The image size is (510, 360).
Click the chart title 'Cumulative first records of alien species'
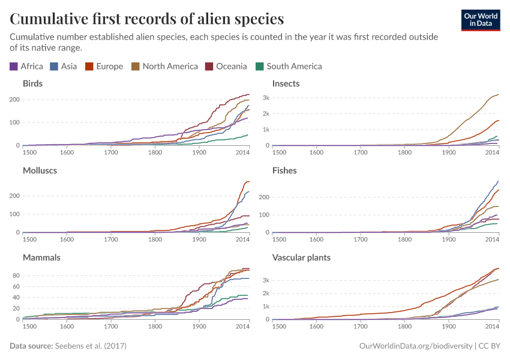click(x=147, y=19)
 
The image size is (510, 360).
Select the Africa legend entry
click(x=26, y=67)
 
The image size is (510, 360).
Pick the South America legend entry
click(x=289, y=67)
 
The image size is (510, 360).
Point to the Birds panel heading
click(x=32, y=83)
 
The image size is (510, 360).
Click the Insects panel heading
click(x=286, y=83)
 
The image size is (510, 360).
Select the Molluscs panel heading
click(x=40, y=170)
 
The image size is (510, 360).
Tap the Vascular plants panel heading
click(x=302, y=257)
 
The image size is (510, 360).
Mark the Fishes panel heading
click(x=284, y=170)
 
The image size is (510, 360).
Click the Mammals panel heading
click(x=41, y=257)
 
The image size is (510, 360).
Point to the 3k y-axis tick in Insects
click(x=265, y=98)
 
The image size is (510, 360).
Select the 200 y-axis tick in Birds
click(x=14, y=99)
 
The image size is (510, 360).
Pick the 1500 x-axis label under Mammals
click(x=29, y=326)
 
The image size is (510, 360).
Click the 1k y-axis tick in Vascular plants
click(x=265, y=307)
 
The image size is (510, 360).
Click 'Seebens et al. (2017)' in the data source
click(x=91, y=346)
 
